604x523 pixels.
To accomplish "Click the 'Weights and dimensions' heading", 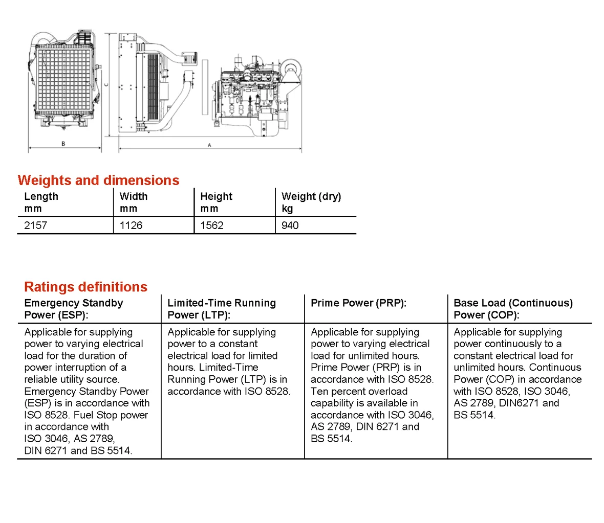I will point(98,180).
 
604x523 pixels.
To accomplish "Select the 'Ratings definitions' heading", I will point(85,287).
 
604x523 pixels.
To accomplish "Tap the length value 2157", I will point(36,225).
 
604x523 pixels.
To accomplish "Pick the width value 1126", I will point(131,225).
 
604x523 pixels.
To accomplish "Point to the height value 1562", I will point(212,225).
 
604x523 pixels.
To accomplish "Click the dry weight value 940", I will point(290,225).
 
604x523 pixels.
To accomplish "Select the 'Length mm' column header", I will point(41,202).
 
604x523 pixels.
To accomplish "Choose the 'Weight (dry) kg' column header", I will point(311,202).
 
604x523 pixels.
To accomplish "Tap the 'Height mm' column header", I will point(216,202).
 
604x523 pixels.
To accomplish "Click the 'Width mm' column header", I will point(134,202).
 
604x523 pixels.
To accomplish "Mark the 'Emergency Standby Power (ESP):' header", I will point(74,309).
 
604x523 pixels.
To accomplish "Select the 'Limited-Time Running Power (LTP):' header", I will point(222,309).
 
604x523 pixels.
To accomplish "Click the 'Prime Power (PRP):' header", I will point(358,303).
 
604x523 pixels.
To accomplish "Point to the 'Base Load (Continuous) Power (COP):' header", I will point(513,309).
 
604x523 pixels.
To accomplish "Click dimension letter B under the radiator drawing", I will point(63,144).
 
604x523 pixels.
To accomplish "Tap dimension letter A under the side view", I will point(209,146).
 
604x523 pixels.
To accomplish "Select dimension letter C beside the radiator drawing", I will point(106,85).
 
